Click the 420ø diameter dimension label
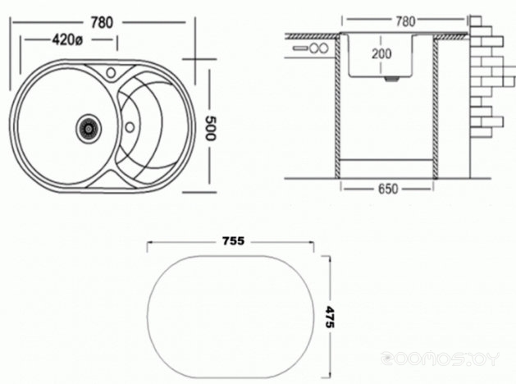(67, 40)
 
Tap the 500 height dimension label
(210, 128)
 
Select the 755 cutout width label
(233, 241)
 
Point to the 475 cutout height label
(330, 317)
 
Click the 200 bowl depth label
(381, 53)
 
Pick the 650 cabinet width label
(388, 189)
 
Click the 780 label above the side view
(405, 21)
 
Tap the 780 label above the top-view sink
(102, 23)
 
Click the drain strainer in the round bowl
(89, 128)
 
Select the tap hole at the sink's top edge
(112, 72)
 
